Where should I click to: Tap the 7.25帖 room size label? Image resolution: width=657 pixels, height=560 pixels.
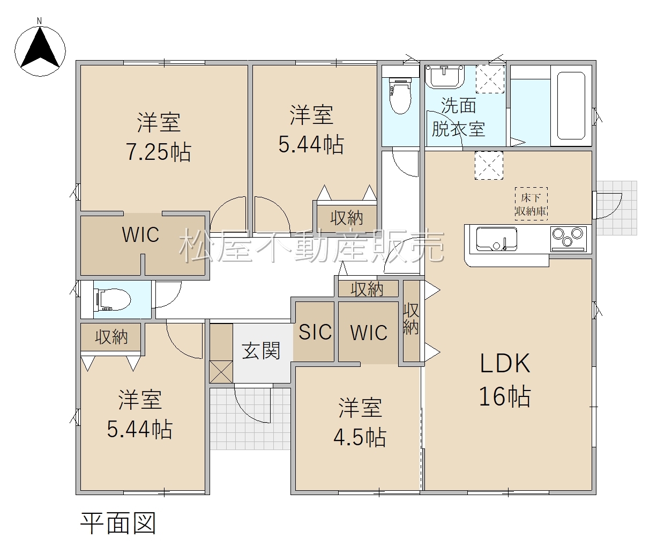pyautogui.click(x=159, y=152)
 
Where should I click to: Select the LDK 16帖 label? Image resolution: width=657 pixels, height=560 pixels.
pyautogui.click(x=505, y=380)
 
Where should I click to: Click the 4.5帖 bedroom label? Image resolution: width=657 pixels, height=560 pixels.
pyautogui.click(x=360, y=437)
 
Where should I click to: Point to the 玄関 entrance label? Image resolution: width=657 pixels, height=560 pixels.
pyautogui.click(x=261, y=350)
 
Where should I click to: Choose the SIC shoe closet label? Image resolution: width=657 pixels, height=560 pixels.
pyautogui.click(x=315, y=332)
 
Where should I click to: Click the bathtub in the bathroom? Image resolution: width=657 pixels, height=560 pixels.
pyautogui.click(x=571, y=106)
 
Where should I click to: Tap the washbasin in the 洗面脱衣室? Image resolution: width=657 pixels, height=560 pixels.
pyautogui.click(x=445, y=76)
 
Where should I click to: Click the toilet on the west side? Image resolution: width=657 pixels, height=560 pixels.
pyautogui.click(x=113, y=299)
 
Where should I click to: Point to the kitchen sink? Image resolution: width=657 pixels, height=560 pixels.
pyautogui.click(x=496, y=239)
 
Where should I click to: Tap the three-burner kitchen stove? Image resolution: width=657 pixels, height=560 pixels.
pyautogui.click(x=569, y=239)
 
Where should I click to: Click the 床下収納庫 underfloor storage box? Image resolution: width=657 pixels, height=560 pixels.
pyautogui.click(x=531, y=204)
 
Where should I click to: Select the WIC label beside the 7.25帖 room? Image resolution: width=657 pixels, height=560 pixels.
pyautogui.click(x=140, y=234)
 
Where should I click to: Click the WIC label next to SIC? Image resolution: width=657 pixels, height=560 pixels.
pyautogui.click(x=369, y=333)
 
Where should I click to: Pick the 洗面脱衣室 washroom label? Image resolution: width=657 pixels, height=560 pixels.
pyautogui.click(x=458, y=117)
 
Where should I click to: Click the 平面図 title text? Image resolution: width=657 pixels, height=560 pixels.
pyautogui.click(x=118, y=524)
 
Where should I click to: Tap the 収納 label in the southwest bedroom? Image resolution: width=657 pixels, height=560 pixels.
pyautogui.click(x=111, y=337)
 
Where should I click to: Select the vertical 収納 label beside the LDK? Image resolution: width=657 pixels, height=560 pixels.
pyautogui.click(x=411, y=319)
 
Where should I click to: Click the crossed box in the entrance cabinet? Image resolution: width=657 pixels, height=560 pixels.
pyautogui.click(x=221, y=372)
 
